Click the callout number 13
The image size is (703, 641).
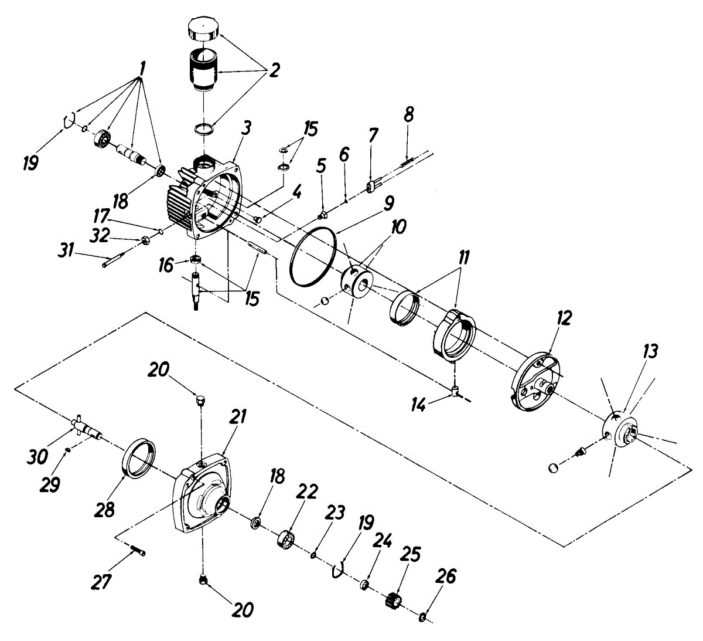pos(650,351)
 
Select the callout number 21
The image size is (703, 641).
pos(238,417)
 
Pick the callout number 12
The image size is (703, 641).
pos(564,318)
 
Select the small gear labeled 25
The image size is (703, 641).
pos(395,601)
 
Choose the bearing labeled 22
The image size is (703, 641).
pos(285,538)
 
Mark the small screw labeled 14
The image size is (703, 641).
pos(455,391)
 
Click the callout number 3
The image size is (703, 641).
pos(247,127)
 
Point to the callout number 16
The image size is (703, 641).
pos(166,266)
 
